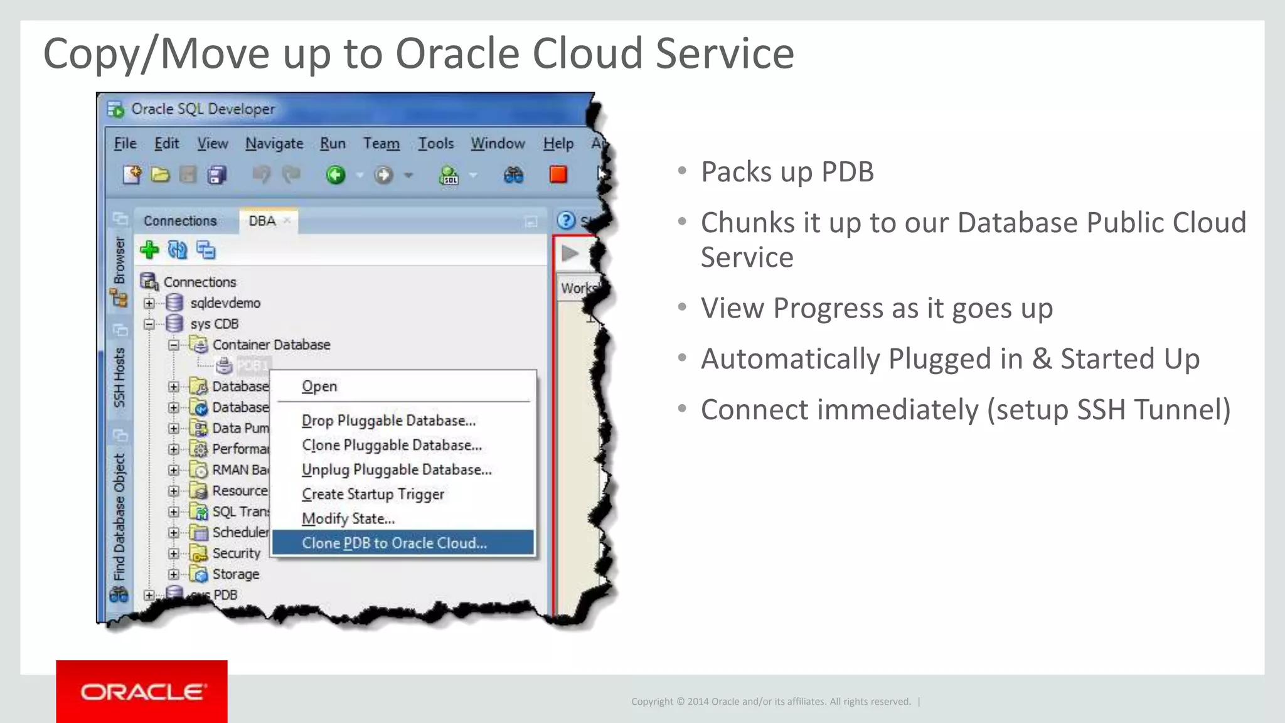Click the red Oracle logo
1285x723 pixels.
coord(142,692)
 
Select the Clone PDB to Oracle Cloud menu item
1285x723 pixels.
coord(394,543)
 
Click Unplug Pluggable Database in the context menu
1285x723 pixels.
coord(397,469)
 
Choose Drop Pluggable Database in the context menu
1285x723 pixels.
coord(388,420)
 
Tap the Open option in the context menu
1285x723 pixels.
coord(319,386)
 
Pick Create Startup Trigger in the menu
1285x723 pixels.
coord(373,494)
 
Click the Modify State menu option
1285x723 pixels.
coord(348,518)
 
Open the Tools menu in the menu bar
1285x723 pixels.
coord(436,143)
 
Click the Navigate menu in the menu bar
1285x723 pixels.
coord(274,143)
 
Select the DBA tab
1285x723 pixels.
coord(262,221)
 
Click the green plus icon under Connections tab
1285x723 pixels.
coord(149,250)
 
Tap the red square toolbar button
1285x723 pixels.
coord(558,174)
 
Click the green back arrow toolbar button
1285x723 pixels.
coord(336,174)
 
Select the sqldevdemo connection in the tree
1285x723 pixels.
coord(225,303)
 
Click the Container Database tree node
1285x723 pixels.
coord(271,345)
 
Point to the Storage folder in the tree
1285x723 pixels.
coord(235,574)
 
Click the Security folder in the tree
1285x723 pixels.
coord(236,553)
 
